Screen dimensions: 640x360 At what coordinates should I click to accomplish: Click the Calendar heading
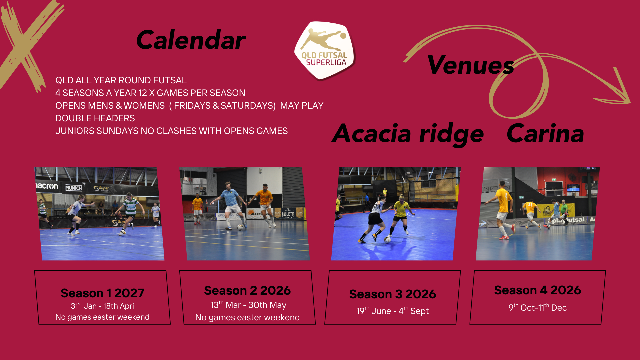coord(191,40)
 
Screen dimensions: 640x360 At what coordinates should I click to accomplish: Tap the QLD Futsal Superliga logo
coord(325,51)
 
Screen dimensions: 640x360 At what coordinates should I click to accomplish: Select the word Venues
coord(470,65)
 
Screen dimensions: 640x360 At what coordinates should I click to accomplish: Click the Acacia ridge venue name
coord(408,134)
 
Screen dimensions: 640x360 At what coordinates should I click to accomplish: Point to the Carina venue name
coord(545,133)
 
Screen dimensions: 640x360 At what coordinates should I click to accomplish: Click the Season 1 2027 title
coord(102,293)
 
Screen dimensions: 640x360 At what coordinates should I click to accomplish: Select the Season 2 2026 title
coord(247,290)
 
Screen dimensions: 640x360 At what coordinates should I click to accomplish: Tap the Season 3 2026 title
coord(393,294)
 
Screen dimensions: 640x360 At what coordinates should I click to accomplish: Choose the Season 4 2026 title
coord(537,290)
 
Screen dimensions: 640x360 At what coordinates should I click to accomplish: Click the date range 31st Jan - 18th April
coord(103,306)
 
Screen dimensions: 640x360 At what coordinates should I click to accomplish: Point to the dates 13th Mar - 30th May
coord(248,305)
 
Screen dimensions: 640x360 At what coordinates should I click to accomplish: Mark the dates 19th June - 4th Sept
coord(392,311)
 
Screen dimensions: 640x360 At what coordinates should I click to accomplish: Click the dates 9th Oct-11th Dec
coord(537,307)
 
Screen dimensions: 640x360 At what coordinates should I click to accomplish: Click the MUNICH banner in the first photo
coord(74,188)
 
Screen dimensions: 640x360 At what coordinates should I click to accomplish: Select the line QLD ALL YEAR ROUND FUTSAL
coord(121,80)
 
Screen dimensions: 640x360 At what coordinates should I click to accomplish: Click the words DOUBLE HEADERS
coord(95,118)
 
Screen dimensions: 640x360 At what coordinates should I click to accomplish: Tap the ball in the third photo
coord(387,239)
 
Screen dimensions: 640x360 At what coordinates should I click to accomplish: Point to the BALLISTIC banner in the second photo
coord(288,214)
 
